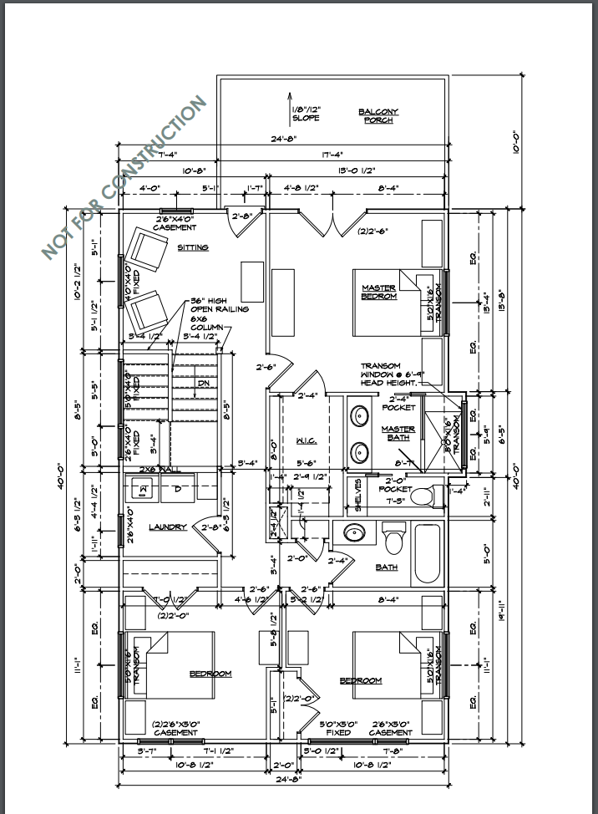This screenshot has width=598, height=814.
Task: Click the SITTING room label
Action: click(x=192, y=247)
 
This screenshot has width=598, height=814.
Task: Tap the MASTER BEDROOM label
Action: click(x=378, y=292)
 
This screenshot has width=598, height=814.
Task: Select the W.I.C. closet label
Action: click(x=303, y=440)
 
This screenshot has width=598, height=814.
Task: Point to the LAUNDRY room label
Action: click(x=167, y=527)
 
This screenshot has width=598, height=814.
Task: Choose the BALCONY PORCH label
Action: click(x=378, y=115)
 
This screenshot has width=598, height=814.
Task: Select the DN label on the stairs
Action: click(x=203, y=384)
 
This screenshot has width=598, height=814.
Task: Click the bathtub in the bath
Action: click(x=427, y=553)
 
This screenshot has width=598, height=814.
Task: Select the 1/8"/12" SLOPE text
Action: click(x=307, y=114)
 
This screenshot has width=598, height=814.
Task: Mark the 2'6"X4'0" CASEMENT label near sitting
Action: click(x=175, y=223)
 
